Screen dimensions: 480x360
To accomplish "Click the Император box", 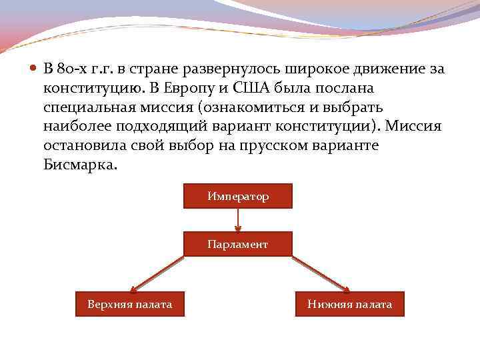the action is tap(237, 197).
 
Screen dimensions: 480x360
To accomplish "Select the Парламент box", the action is tap(237, 245).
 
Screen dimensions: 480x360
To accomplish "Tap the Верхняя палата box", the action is tap(129, 305).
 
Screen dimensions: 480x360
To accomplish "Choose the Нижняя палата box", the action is tap(349, 305).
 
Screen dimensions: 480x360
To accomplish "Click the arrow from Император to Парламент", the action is tap(237, 220).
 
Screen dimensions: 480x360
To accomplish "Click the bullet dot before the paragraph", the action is tap(34, 69).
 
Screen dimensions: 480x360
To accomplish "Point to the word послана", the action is tap(349, 88).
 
